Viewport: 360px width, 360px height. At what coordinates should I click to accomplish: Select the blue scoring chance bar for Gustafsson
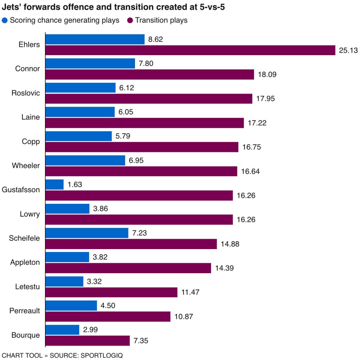point(55,185)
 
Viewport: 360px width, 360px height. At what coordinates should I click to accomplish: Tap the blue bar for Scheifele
point(87,233)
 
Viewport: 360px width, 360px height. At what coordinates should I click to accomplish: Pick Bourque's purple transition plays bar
point(87,341)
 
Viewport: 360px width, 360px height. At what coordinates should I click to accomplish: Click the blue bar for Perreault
point(71,305)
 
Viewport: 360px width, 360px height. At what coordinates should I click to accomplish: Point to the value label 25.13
point(348,50)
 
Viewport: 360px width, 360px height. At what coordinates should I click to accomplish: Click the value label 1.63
point(75,185)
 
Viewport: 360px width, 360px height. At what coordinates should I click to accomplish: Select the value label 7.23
point(140,233)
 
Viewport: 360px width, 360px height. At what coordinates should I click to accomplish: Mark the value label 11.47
point(190,292)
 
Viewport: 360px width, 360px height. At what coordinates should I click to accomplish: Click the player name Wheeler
point(26,166)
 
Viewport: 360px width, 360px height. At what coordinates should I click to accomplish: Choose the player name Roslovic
point(26,93)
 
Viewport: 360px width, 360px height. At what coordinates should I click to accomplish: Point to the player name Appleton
point(25,262)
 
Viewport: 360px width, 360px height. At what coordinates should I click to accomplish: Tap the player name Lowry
point(30,214)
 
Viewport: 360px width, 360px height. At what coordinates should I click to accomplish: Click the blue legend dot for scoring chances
point(5,20)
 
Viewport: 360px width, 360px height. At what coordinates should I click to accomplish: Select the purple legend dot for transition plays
point(130,20)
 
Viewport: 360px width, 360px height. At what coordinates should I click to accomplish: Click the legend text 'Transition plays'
point(161,20)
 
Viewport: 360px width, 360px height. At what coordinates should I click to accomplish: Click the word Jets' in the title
point(11,7)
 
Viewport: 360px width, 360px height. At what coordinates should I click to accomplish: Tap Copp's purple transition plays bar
point(142,147)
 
